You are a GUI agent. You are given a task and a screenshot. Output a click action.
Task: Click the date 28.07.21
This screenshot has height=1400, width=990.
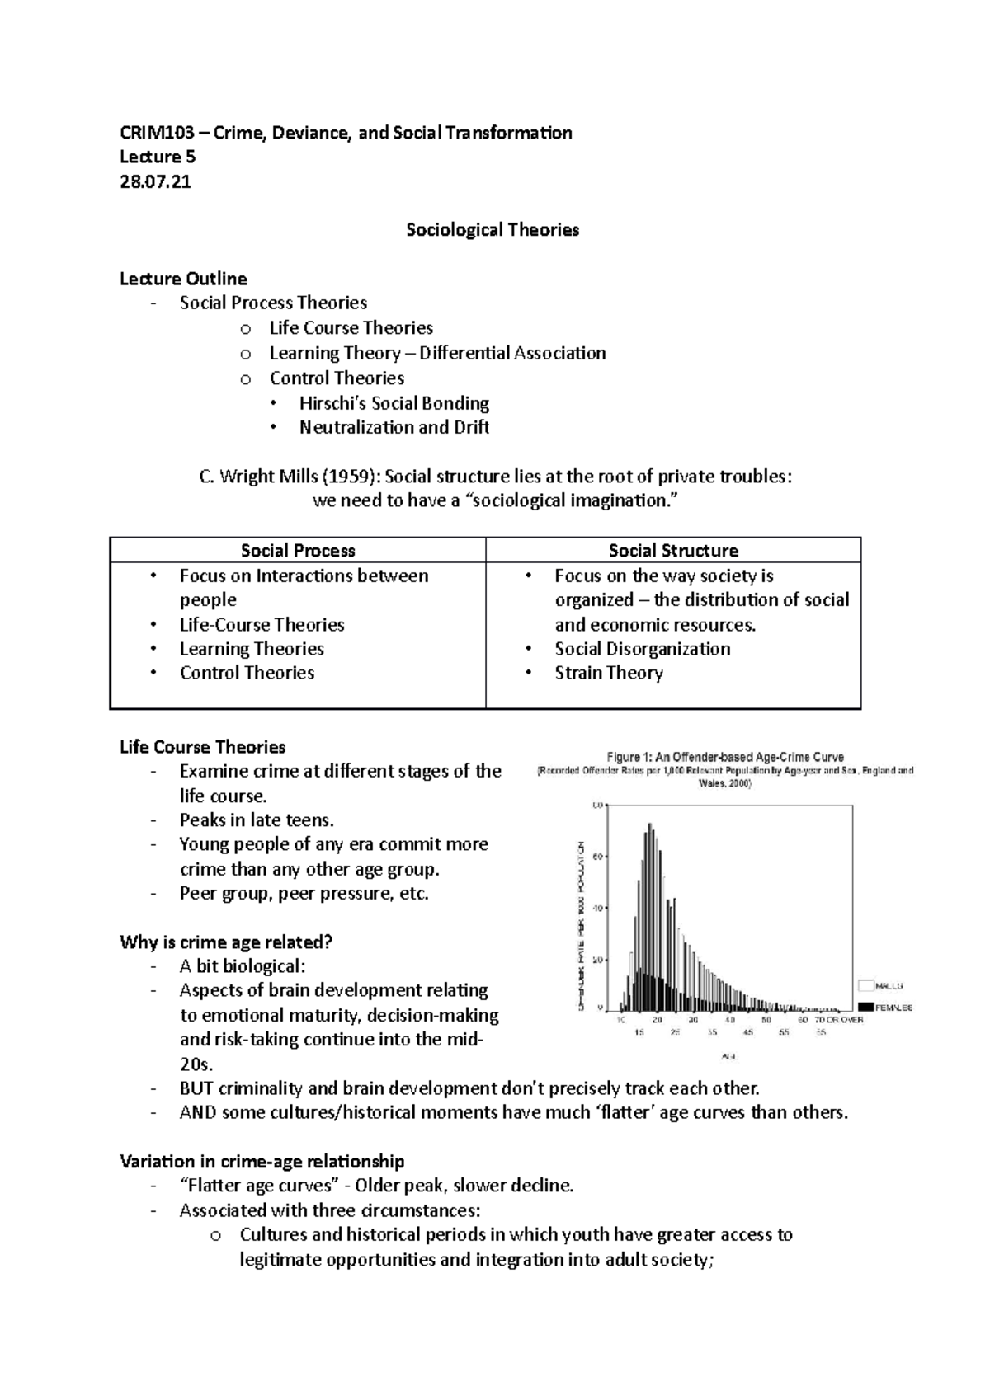pos(155,181)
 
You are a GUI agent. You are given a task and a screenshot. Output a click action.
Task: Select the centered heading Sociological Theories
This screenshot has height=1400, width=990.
pos(493,230)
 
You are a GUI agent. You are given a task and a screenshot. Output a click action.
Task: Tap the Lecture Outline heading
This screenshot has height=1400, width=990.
pos(183,279)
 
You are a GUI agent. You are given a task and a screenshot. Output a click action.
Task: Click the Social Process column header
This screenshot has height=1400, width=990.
pos(298,551)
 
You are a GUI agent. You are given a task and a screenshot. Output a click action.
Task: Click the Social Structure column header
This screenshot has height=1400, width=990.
pos(673,551)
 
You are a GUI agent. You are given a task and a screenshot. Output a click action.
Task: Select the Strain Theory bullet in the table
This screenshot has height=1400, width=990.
pos(609,673)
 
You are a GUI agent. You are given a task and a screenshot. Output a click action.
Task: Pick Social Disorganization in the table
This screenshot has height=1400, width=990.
pos(642,649)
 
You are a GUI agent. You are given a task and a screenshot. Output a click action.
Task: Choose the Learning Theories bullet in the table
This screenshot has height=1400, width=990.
pos(252,649)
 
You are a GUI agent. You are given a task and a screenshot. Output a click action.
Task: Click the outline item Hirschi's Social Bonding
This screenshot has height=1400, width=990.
pos(394,403)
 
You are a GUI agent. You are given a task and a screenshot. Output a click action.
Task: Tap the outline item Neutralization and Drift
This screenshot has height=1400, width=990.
pos(394,427)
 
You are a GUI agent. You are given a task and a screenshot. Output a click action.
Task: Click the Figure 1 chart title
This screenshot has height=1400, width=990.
pos(725,757)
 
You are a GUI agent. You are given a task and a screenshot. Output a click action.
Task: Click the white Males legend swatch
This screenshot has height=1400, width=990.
pos(865,985)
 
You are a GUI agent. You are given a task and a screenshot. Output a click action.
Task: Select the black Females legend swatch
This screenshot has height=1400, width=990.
pos(865,1007)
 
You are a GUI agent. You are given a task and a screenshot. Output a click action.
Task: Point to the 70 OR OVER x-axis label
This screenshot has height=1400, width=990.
pos(839,1020)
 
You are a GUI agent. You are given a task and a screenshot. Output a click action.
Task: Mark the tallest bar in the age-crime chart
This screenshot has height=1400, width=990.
pos(649,915)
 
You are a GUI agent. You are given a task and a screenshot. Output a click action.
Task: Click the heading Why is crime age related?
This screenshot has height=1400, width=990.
pos(225,942)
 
